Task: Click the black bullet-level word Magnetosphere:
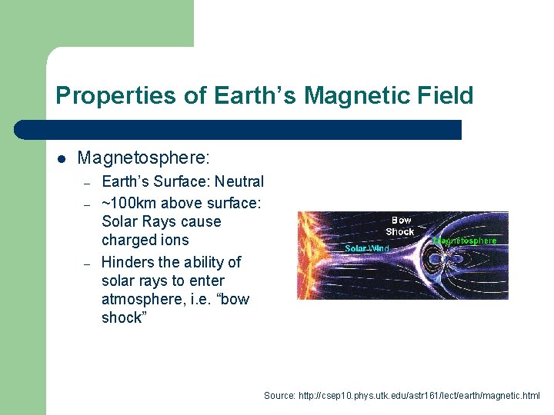pos(143,158)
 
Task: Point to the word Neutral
pos(239,182)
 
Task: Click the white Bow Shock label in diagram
pos(400,226)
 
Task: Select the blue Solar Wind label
pos(367,248)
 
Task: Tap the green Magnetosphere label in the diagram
pos(466,241)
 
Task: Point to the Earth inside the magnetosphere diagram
pos(453,260)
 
